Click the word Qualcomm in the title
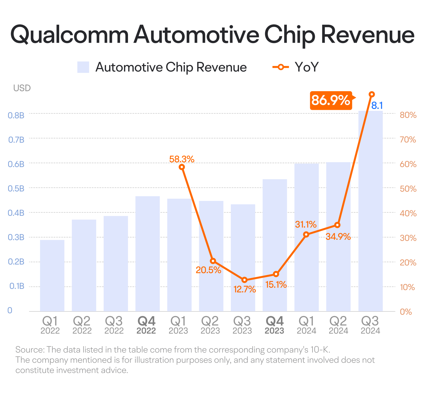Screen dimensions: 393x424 (70, 35)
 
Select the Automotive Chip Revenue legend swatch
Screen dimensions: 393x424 (83, 67)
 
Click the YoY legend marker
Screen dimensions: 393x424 (281, 67)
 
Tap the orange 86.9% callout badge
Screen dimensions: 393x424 (331, 100)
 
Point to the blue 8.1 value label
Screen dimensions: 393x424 (377, 106)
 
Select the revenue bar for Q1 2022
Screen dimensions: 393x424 (52, 275)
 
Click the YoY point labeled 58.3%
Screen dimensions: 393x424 (182, 167)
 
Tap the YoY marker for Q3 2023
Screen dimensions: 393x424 (244, 280)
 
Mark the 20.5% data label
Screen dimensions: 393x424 (208, 270)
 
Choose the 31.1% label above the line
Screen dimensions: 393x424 (306, 224)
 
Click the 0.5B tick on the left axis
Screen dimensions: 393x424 (16, 188)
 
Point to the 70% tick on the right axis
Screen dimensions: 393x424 (408, 139)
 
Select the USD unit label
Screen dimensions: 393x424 (22, 88)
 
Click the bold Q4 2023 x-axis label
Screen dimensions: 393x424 (275, 325)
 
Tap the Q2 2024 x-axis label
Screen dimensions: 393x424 (338, 325)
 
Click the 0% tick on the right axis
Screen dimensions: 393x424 (406, 312)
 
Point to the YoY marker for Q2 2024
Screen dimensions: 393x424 (337, 225)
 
